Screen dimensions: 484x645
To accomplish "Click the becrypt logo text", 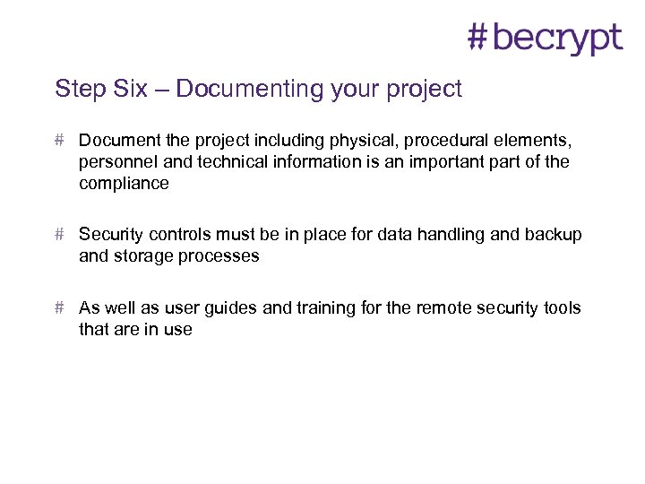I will [557, 39].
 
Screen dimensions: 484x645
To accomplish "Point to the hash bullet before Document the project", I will [58, 141].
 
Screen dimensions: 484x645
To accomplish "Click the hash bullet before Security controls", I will [58, 235].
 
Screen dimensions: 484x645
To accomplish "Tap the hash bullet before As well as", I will [58, 308].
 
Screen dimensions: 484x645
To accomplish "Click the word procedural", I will [459, 141].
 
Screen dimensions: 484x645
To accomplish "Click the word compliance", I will [124, 184].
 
